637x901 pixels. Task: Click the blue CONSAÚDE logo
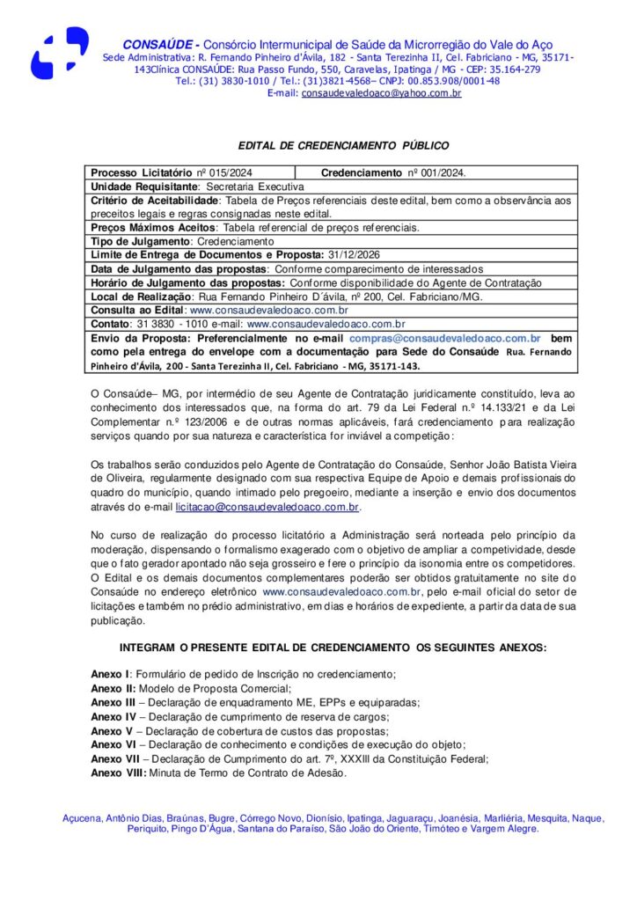click(60, 53)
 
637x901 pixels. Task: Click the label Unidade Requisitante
click(145, 187)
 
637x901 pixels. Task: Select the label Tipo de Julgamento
click(140, 241)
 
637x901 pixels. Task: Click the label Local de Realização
click(141, 297)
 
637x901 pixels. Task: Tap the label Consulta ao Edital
click(137, 311)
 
